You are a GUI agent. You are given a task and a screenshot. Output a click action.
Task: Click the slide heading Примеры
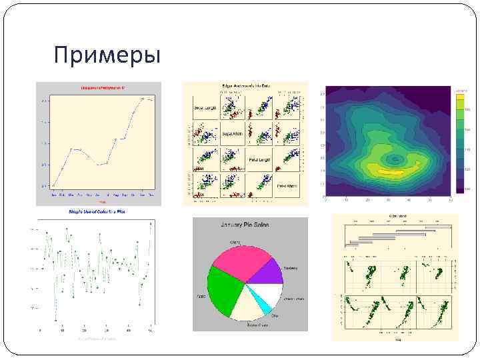[107, 55]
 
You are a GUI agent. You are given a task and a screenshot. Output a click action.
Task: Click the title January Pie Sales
[250, 225]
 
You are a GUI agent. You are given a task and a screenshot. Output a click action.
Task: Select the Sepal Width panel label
[232, 134]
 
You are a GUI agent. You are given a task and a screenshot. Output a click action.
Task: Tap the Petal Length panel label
[261, 160]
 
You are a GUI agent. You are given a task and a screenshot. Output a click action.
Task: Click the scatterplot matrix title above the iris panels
[245, 85]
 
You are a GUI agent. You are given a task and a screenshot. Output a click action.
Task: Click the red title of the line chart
[99, 87]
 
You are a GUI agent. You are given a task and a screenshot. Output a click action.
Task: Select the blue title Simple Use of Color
[97, 211]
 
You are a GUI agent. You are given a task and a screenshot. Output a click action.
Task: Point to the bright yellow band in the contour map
[393, 171]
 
